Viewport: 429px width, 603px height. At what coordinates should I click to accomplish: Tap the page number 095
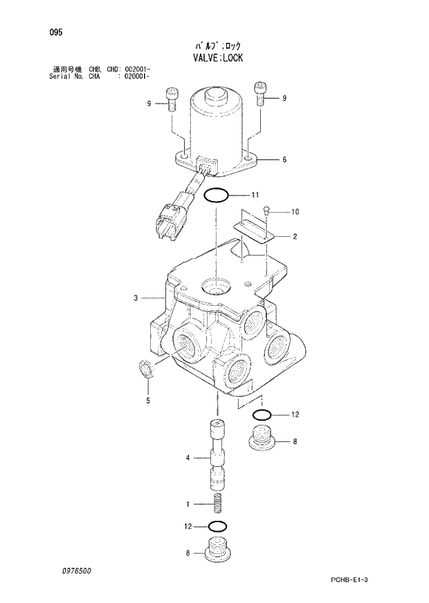click(56, 32)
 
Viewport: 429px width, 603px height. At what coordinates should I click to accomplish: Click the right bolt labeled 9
click(260, 92)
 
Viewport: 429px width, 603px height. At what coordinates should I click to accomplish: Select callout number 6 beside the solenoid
click(284, 160)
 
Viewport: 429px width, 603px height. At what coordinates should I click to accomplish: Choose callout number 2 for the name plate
click(295, 237)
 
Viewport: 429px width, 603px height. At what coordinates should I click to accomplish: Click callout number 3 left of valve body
click(136, 298)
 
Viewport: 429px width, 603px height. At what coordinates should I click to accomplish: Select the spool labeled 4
click(217, 456)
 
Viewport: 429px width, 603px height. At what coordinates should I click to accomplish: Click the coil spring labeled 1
click(217, 504)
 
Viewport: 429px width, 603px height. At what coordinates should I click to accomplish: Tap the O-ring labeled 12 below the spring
click(217, 527)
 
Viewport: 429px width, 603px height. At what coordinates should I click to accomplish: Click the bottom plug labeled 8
click(217, 551)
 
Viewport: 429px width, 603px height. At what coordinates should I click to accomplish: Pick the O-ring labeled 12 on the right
click(262, 415)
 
